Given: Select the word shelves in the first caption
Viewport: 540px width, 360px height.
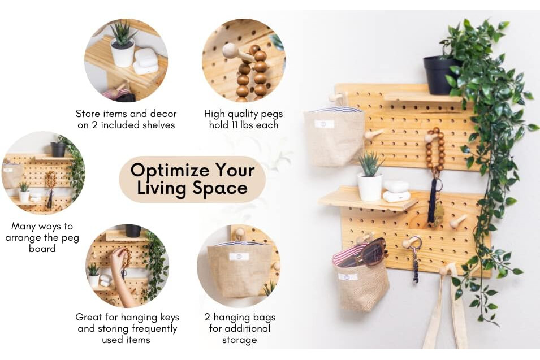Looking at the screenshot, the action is [158, 125].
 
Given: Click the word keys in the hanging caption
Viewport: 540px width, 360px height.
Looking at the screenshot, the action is [170, 317].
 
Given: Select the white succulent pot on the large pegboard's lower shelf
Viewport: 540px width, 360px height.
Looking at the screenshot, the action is [370, 186].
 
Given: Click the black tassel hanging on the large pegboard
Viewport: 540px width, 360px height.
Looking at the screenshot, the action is [432, 200].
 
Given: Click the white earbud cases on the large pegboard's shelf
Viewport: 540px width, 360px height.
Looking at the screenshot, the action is [396, 192].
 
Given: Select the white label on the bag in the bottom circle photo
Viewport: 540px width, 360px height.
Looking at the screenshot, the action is [239, 257].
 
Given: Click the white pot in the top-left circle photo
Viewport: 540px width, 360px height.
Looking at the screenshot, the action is [122, 54].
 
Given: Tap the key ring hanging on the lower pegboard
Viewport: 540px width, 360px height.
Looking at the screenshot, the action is [416, 242].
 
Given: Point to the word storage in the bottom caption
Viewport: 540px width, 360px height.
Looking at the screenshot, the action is [239, 340].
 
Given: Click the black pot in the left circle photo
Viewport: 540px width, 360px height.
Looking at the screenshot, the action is [58, 149].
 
